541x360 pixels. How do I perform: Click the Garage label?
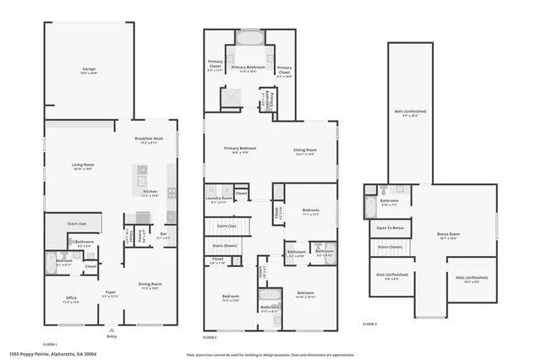[88, 68]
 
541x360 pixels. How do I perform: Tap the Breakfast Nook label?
[148, 139]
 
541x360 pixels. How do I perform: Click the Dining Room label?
[150, 285]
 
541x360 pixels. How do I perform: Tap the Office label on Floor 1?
[71, 298]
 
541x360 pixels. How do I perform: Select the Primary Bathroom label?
[249, 67]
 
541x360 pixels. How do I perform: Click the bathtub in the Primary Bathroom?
[249, 39]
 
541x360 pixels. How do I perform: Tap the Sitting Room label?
[304, 150]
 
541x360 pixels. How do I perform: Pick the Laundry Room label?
[218, 199]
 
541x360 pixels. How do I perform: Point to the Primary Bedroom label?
[238, 150]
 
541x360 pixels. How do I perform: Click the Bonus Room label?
[448, 234]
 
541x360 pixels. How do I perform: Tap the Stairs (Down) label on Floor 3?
[389, 247]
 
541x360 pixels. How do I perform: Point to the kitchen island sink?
[139, 180]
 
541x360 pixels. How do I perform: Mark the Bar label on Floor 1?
[164, 236]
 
